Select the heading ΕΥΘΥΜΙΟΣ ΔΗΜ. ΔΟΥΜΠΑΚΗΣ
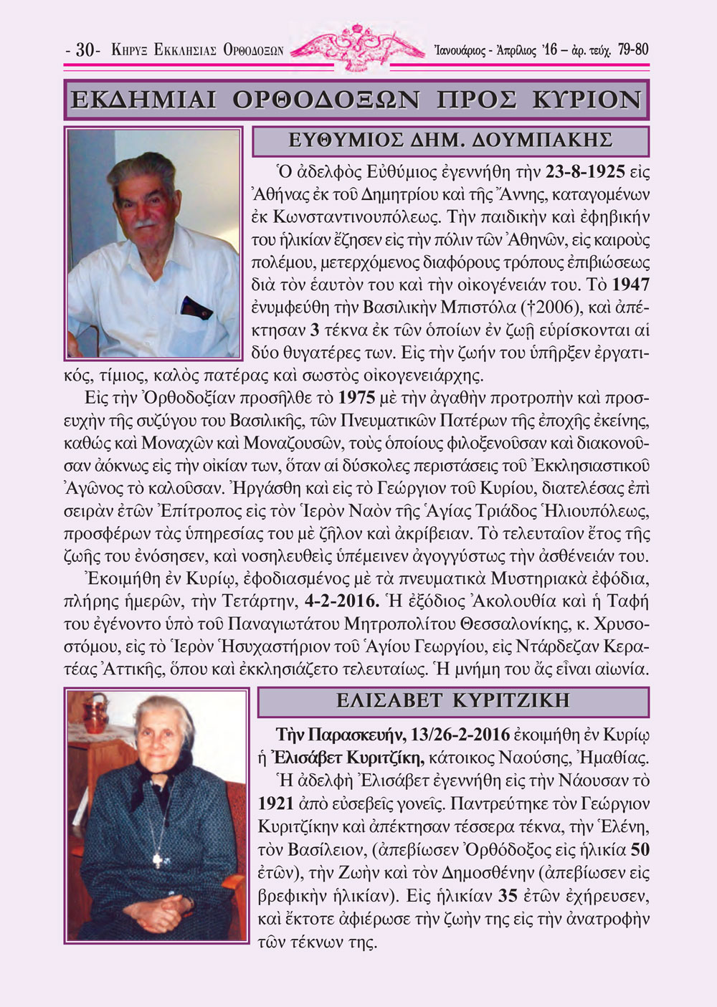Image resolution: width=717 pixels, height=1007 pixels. point(450,140)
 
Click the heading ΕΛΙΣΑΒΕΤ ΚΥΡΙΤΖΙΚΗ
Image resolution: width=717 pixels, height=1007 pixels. point(453,700)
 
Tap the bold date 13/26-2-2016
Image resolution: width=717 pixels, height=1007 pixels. point(461,735)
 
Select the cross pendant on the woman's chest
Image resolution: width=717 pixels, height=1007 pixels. point(160,856)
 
